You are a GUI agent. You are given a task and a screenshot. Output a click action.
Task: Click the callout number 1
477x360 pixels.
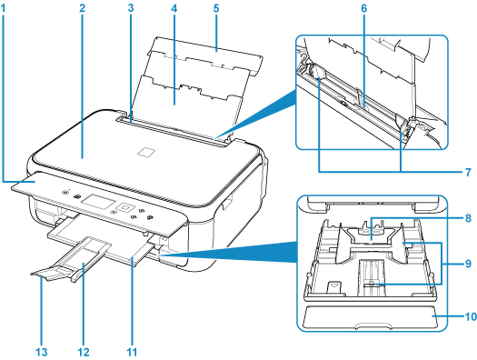4,8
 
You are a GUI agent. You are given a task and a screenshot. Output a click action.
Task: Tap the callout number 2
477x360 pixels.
82,8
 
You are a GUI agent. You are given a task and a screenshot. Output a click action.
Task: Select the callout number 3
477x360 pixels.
131,8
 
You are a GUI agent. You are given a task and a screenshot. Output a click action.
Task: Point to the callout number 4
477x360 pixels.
174,8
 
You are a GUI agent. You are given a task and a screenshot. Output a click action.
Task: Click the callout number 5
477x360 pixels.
216,8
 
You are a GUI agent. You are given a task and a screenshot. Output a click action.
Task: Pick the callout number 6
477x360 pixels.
364,8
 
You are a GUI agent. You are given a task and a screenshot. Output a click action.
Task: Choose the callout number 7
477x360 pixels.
468,172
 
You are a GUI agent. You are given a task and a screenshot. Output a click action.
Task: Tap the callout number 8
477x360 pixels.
468,218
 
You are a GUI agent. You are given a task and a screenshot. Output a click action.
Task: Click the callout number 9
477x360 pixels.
468,264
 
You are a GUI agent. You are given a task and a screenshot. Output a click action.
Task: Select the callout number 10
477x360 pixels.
471,316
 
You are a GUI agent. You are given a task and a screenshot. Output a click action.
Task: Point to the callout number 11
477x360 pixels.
132,353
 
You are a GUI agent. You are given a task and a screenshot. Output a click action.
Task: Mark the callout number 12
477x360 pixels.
84,353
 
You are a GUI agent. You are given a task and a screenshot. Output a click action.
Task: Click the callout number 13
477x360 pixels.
42,353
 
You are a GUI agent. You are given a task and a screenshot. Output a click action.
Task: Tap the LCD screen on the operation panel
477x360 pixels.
98,201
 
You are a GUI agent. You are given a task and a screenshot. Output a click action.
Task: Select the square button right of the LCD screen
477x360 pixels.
125,207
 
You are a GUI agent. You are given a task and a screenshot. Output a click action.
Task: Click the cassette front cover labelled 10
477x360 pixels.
371,316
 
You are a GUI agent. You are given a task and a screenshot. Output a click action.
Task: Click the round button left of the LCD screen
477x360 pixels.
76,197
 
